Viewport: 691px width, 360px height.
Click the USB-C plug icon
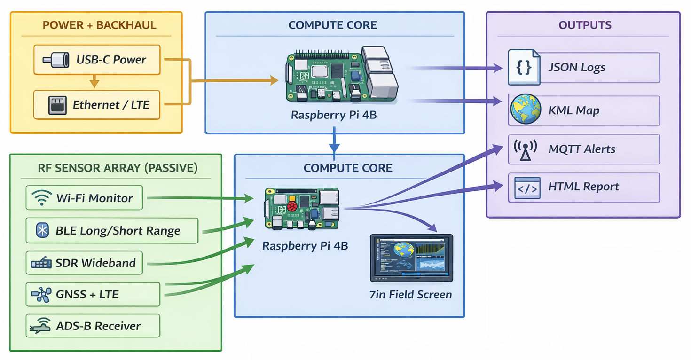[53, 60]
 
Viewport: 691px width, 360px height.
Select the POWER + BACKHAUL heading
[99, 25]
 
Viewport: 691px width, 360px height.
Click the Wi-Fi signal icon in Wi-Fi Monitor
[42, 198]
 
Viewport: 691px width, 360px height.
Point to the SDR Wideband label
[95, 263]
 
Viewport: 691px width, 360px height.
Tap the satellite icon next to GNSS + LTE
[41, 295]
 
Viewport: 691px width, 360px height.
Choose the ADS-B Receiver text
[98, 326]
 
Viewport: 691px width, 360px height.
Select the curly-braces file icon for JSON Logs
[524, 67]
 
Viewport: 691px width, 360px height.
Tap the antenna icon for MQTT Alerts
[525, 149]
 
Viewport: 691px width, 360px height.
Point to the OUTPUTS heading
[585, 25]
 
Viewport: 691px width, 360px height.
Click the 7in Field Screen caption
[411, 295]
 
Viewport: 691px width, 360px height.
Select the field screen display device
[411, 258]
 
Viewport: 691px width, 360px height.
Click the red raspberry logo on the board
[292, 207]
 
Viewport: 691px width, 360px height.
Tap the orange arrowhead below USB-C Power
[94, 83]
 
